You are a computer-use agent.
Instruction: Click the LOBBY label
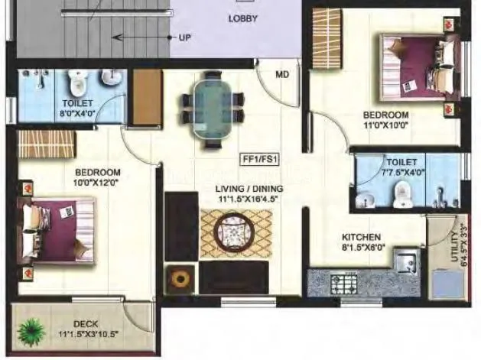tap(242, 18)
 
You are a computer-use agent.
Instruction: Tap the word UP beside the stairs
tap(184, 37)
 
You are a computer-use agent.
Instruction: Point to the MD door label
tap(283, 75)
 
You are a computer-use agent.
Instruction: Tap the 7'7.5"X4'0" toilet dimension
tap(401, 173)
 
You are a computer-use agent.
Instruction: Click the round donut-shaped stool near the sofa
tap(180, 278)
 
